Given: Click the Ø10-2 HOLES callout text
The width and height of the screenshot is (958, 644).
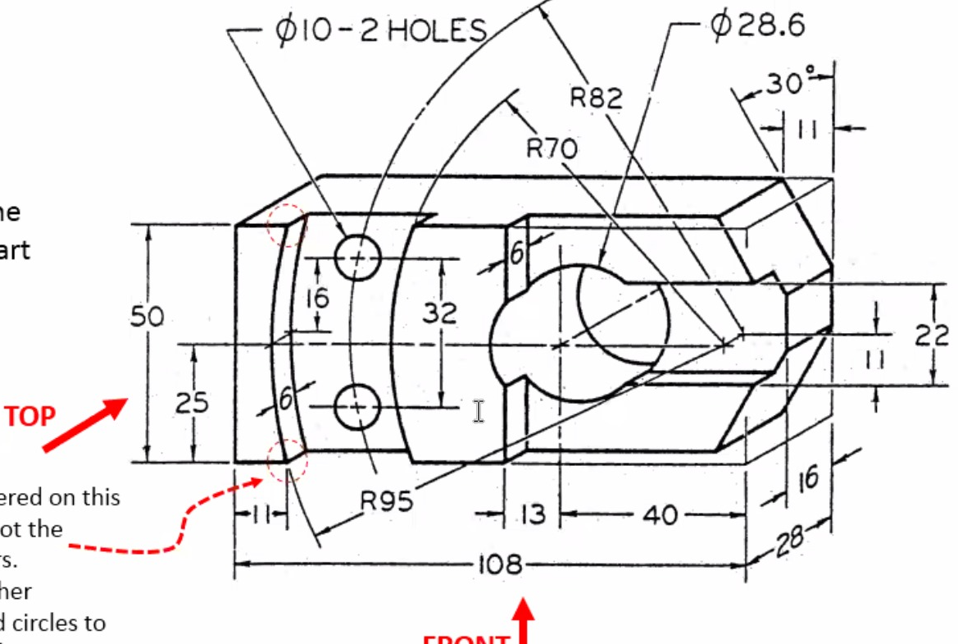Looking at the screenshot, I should [x=381, y=31].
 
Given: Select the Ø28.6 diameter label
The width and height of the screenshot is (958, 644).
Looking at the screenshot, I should [x=757, y=25].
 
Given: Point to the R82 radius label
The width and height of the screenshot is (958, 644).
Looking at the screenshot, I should [x=597, y=98].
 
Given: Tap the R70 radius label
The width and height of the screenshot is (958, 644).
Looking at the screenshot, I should [x=552, y=148].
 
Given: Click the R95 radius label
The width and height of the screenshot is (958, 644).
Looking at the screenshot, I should [x=387, y=500].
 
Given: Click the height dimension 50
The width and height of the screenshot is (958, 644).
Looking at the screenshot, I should [x=148, y=317].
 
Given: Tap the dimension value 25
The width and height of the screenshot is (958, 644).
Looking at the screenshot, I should [x=193, y=403].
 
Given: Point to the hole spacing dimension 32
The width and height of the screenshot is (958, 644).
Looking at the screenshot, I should [x=440, y=313].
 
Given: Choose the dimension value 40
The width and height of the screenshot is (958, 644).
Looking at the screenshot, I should [x=660, y=514].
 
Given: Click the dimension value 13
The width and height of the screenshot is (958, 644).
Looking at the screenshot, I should [x=532, y=514].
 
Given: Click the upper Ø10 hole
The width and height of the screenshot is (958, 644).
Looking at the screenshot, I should [x=358, y=258].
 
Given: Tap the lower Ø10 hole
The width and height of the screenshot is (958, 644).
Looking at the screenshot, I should [x=358, y=406].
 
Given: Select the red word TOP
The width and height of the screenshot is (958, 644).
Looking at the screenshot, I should [x=30, y=417].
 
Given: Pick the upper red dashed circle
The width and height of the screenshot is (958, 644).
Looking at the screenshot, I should [x=287, y=226].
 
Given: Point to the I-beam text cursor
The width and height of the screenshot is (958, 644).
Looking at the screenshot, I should [x=479, y=411].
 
